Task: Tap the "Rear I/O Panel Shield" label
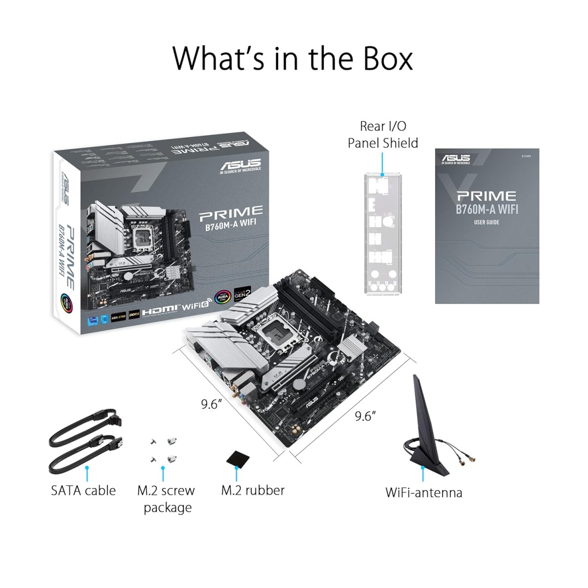[383, 135]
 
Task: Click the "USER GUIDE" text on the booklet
[486, 222]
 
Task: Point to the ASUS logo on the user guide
[456, 158]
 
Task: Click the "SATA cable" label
[83, 490]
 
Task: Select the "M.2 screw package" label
[166, 499]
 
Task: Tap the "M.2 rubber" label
[253, 490]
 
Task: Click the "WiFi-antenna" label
[423, 492]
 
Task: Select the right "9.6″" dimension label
[365, 416]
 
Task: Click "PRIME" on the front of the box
[230, 212]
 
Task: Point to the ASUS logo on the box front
[241, 164]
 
